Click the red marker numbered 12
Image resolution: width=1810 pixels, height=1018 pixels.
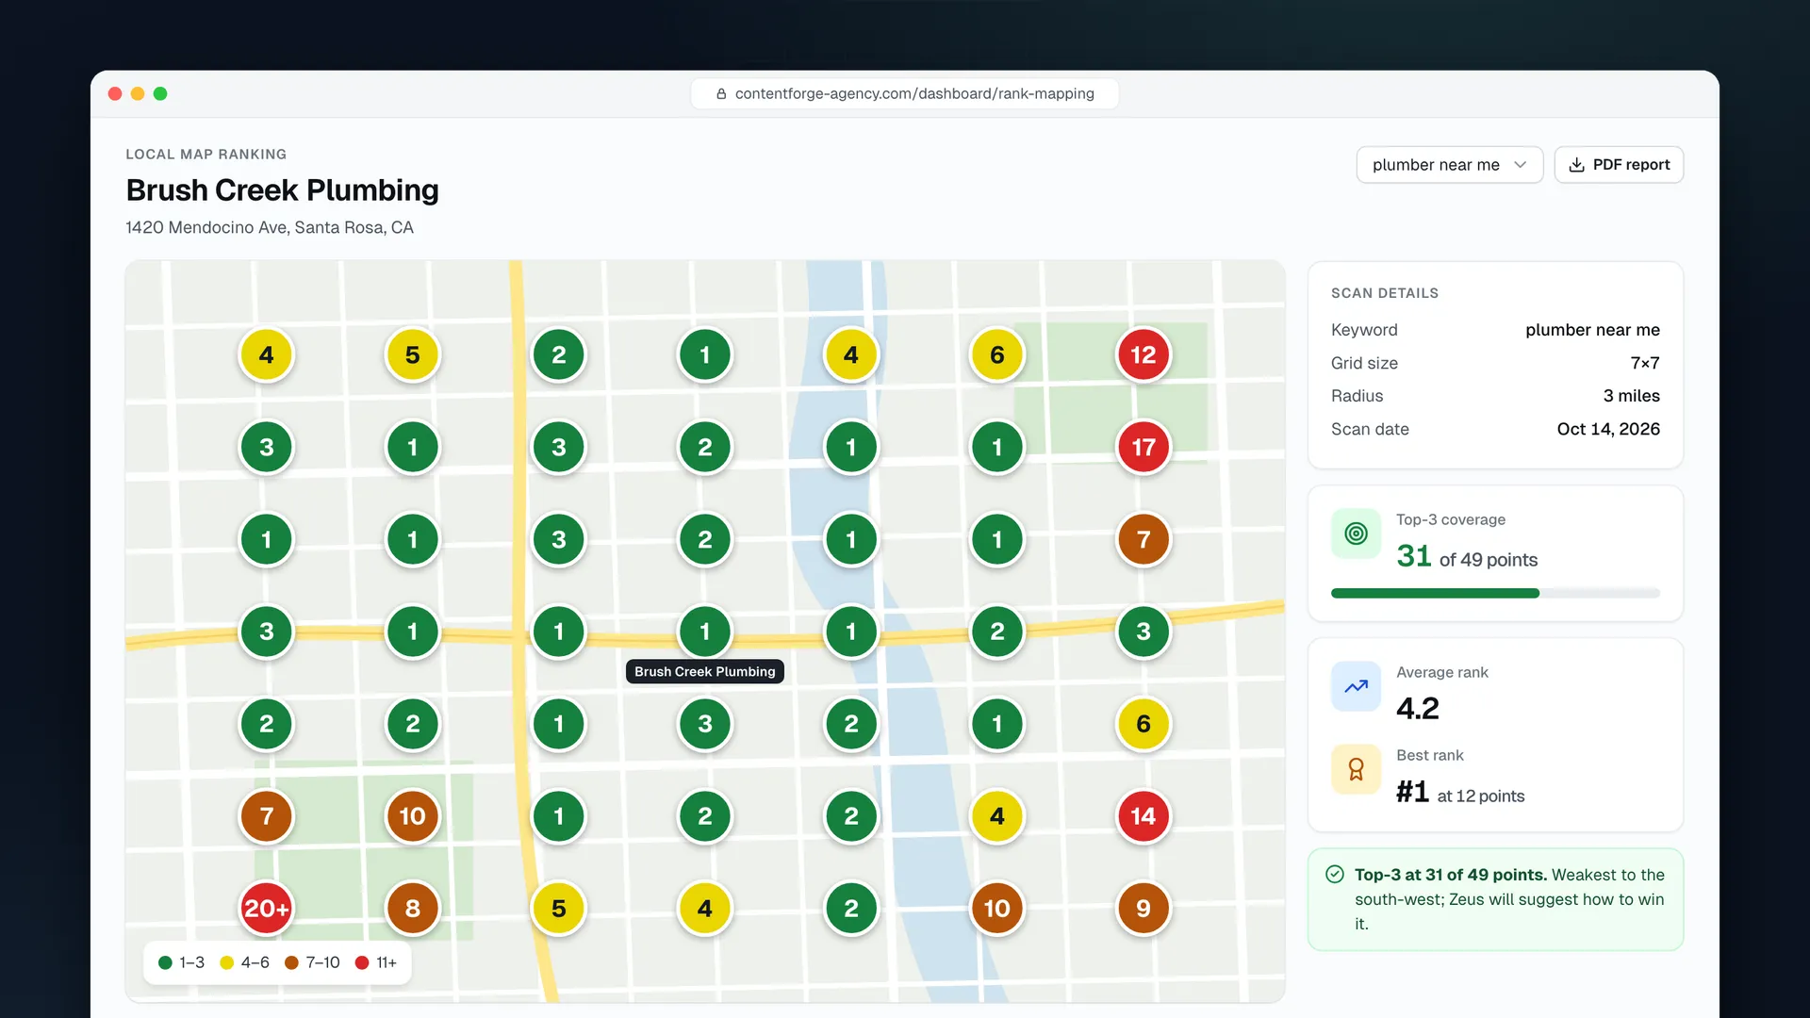coord(1143,354)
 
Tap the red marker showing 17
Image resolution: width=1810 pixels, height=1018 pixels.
coord(1143,447)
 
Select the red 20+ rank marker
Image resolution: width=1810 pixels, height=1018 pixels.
coord(266,909)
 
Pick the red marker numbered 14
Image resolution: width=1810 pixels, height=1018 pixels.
coord(1143,816)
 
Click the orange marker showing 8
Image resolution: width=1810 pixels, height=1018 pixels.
coord(412,909)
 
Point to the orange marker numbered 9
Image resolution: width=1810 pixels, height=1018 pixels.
coord(1143,909)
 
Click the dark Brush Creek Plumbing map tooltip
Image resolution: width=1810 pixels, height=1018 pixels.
coord(705,671)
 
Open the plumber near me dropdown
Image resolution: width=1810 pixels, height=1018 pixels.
coord(1449,165)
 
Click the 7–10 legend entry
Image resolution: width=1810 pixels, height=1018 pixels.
coord(312,962)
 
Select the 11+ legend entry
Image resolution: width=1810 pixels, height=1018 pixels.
coord(376,962)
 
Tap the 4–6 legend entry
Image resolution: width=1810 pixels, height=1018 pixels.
coord(244,962)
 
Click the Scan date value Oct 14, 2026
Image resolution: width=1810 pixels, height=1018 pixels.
coord(1608,429)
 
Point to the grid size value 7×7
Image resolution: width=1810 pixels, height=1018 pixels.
coord(1645,363)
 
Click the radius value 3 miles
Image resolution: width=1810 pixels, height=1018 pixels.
coord(1632,396)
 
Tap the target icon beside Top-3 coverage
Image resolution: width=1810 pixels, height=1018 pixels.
coord(1356,534)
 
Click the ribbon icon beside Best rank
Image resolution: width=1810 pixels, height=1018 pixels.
coord(1356,769)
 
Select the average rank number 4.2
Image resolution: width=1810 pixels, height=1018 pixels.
coord(1418,708)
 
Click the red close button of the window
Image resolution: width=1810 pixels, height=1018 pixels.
coord(115,93)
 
